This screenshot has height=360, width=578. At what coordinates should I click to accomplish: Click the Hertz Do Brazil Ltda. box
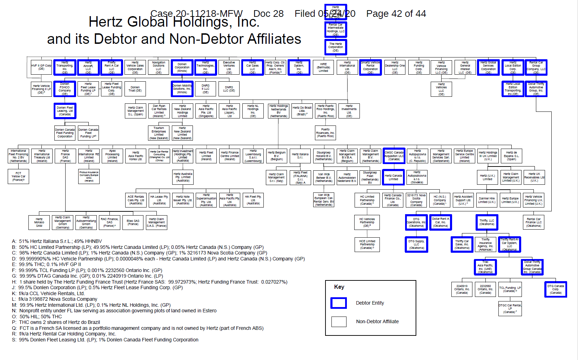coord(302,111)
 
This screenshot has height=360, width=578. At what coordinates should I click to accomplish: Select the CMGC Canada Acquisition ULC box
coord(394,156)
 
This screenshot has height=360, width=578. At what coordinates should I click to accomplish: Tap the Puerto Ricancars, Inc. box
coord(325,133)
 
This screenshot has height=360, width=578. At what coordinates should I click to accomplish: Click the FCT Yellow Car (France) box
coord(18,176)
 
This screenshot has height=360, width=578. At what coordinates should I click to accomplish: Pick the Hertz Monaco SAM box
coord(39,223)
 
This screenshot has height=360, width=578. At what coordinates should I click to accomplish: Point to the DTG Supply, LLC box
coord(416,244)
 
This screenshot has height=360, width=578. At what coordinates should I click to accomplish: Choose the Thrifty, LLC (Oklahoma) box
coord(487,222)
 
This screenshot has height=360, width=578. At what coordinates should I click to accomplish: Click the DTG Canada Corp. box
coord(556,289)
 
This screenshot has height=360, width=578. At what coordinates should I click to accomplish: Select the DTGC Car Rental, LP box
coord(510,308)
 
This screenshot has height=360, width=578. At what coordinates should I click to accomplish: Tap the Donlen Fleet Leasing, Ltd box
coord(65,111)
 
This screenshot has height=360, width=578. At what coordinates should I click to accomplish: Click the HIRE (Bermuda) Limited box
coord(323,67)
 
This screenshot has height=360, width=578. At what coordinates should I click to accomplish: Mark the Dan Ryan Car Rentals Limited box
coord(159,111)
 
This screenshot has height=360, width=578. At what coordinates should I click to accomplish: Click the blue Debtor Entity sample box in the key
coord(338,303)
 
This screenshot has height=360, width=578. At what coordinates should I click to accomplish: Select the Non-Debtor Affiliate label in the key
coord(377,321)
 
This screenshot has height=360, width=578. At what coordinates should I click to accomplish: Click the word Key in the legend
coord(339,287)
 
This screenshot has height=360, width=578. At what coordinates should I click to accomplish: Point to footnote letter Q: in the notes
coord(14,328)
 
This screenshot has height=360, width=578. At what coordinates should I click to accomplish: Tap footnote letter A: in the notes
coord(14,241)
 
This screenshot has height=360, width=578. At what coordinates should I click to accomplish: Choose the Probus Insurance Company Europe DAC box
coord(89,176)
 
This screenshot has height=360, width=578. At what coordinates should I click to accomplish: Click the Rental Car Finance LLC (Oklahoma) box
coord(533,222)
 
